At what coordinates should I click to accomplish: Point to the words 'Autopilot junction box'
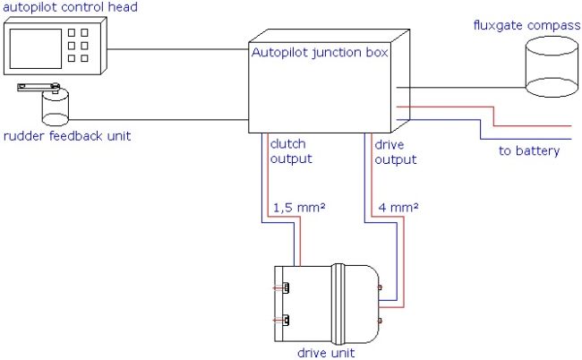tap(320, 53)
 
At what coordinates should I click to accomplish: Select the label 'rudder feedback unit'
tap(66, 136)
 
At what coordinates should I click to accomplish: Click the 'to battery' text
tap(528, 150)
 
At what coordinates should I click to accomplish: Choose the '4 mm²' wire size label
tap(399, 207)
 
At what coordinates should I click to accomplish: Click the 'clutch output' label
tap(290, 152)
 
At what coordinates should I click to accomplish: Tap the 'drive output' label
tap(395, 152)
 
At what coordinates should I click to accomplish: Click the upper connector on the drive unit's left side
tap(286, 287)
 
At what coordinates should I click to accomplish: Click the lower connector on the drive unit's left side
tap(286, 320)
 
